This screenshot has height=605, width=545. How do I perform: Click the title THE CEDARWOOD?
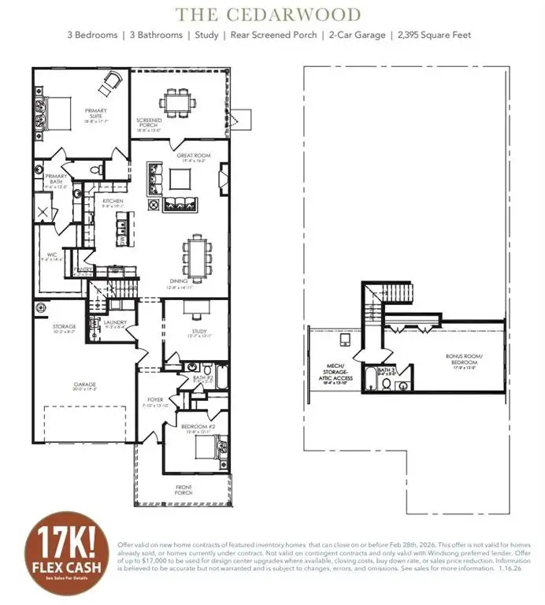(268, 14)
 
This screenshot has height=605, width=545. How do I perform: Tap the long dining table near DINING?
(195, 254)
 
